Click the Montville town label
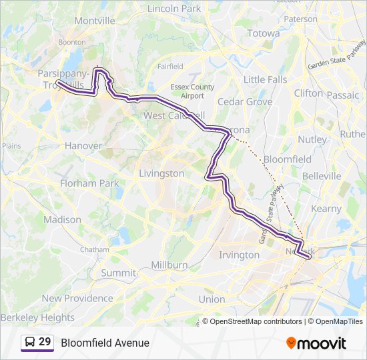pos(95,21)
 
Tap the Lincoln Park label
pos(173,9)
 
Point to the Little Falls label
pos(265,79)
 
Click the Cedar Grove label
pos(245,102)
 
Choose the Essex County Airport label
pos(192,91)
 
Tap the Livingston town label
pos(161,173)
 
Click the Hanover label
pos(83,145)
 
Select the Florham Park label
pos(89,183)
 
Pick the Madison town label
pos(62,219)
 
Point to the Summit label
pos(118,273)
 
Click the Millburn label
pos(169,265)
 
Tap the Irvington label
pos(239,255)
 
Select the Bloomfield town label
pos(288,160)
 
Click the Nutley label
pos(312,140)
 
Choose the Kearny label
pos(326,209)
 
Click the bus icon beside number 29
pos(30,342)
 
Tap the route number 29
pos(45,342)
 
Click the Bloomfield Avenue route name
pos(105,343)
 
